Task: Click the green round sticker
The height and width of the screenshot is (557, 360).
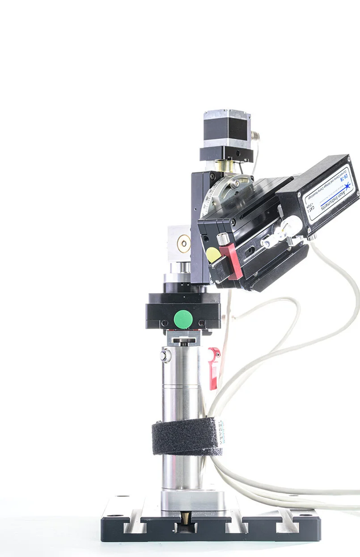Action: point(183,319)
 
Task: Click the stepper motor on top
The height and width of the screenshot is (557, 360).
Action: point(227,128)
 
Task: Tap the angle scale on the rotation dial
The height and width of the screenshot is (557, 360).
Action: point(210,197)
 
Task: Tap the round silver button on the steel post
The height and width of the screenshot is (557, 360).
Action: point(165,356)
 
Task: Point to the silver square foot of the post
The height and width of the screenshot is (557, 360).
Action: point(192,499)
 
